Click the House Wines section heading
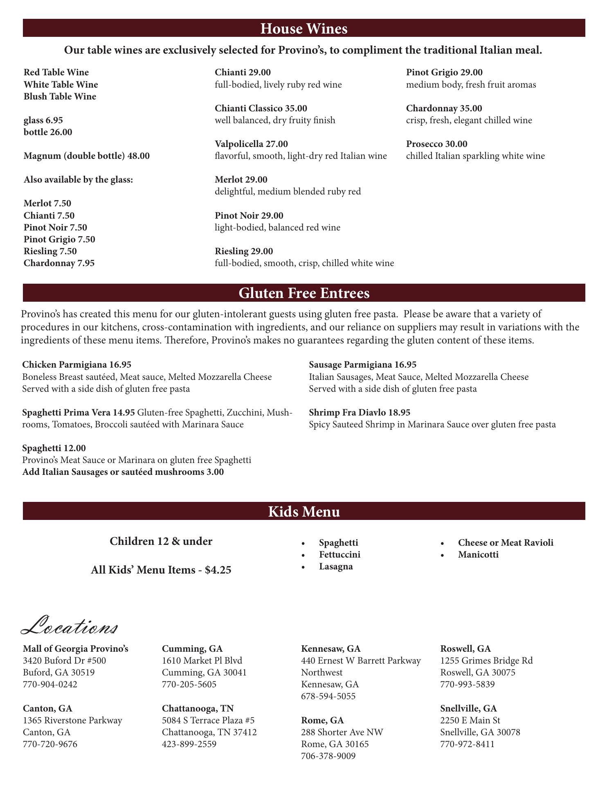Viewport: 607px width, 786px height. tap(303, 29)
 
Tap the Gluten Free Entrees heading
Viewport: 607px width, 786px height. tap(303, 293)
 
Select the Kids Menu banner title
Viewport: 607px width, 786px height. tap(303, 512)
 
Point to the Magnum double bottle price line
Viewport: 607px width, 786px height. tap(87, 156)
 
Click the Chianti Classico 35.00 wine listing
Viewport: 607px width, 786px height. tap(261, 108)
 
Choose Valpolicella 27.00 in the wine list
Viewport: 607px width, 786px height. tap(251, 144)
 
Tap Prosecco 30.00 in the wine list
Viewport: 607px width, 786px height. tap(436, 144)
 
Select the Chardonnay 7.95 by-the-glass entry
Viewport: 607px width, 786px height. tap(59, 263)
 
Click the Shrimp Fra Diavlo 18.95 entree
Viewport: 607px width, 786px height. tap(360, 412)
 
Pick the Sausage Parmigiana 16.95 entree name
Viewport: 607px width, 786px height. tap(362, 364)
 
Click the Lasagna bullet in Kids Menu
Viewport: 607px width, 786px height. tap(336, 567)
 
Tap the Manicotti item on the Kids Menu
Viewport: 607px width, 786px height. tap(478, 555)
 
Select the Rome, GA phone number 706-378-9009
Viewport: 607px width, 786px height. tap(328, 756)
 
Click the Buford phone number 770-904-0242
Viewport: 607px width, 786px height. tap(50, 684)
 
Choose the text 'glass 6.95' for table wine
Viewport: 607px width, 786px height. tap(43, 120)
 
